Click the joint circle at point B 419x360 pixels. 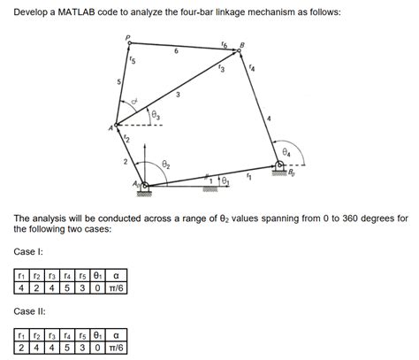[x=238, y=51]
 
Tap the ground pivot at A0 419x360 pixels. [x=146, y=185]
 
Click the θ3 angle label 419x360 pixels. [x=156, y=113]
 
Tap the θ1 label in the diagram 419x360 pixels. [x=225, y=180]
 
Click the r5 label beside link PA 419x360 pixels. [x=133, y=59]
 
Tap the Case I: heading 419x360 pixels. [x=28, y=252]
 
